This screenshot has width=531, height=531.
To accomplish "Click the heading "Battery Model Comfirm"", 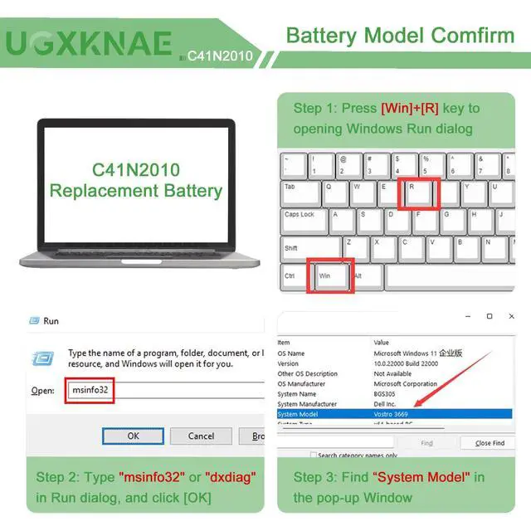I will [400, 36].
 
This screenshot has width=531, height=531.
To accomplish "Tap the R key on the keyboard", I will [418, 193].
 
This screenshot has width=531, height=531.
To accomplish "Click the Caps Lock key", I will [302, 221].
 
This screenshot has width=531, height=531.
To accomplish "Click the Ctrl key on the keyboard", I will [293, 275].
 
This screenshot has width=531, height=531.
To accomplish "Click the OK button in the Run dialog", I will [133, 436].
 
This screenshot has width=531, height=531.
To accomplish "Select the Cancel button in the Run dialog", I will [201, 436].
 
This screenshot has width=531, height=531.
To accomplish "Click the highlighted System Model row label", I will [299, 414].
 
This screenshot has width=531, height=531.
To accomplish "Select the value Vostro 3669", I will [395, 414].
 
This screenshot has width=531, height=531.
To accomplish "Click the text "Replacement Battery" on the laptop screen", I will [136, 190].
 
